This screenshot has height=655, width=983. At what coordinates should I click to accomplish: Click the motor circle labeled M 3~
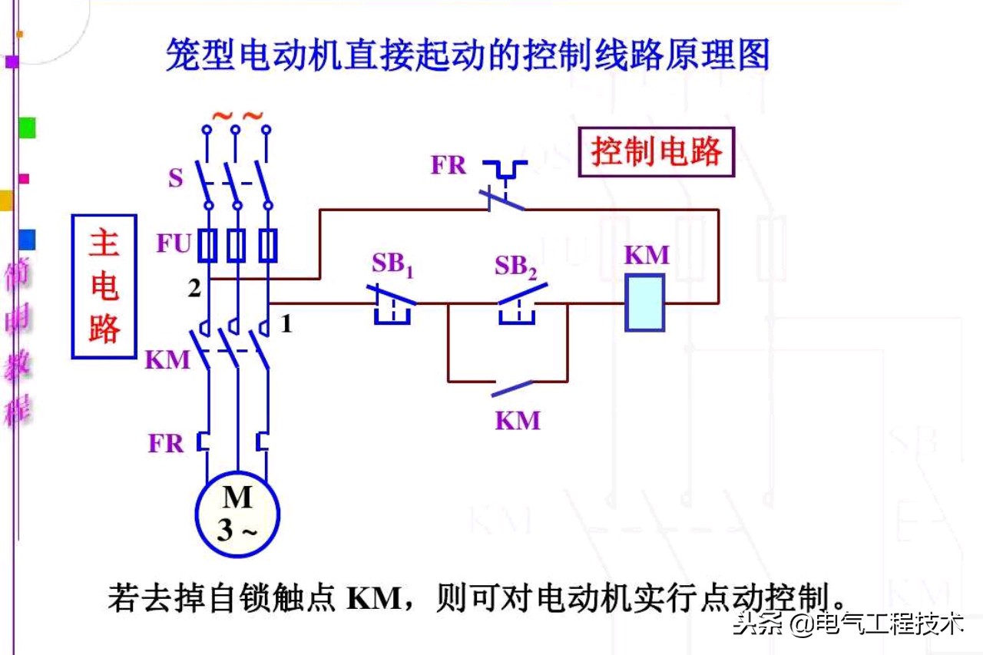(237, 512)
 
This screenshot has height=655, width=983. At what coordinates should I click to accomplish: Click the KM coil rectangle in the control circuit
(644, 303)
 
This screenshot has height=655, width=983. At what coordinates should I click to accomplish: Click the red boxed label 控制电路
(657, 152)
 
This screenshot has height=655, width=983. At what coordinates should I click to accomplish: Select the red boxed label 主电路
(104, 286)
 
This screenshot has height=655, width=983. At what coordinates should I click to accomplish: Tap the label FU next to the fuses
(174, 244)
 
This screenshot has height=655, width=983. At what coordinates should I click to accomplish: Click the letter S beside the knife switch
(176, 178)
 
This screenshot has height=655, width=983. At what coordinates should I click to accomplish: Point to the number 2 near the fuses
(195, 289)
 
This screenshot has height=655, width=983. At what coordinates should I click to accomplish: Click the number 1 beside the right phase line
(286, 325)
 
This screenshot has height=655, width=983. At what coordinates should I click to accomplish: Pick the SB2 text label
(515, 266)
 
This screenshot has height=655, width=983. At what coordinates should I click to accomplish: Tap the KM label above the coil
(647, 255)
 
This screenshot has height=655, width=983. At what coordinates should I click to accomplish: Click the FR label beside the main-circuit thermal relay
(167, 444)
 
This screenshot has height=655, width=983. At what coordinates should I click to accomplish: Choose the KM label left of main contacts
(167, 359)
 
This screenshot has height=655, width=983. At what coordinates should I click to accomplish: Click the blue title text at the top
(468, 55)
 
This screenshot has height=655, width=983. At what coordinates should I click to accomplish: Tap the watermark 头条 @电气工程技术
(849, 624)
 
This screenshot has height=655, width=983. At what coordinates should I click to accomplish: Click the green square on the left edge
(27, 127)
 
